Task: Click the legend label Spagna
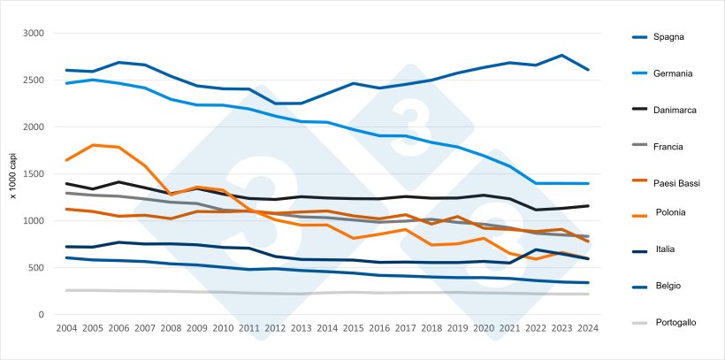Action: tap(670, 37)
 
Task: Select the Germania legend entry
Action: tap(674, 73)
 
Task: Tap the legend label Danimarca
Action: tap(676, 110)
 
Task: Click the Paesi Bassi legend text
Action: tap(678, 183)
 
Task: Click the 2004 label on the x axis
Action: tap(66, 328)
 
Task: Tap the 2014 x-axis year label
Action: tap(327, 328)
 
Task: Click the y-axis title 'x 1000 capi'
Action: tap(13, 174)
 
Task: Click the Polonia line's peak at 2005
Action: tap(92, 145)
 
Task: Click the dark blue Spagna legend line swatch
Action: tap(641, 37)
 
